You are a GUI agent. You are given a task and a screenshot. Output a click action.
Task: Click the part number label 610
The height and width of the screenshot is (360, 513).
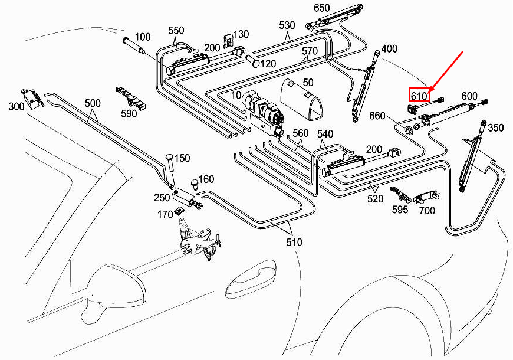(419, 94)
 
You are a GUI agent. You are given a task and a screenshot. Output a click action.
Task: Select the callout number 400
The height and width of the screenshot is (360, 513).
(389, 48)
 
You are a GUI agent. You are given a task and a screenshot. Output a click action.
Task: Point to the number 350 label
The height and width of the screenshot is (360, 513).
(496, 128)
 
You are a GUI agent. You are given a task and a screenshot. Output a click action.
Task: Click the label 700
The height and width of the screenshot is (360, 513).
(426, 211)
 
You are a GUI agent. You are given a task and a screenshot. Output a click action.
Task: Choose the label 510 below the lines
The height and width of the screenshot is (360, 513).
(294, 242)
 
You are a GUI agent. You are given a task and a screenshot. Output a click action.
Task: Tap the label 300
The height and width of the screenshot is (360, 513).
(17, 107)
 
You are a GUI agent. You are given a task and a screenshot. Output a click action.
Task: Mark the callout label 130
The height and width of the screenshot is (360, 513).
(242, 34)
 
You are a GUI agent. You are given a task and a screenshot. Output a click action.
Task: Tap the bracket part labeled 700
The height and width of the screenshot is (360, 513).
(426, 197)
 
